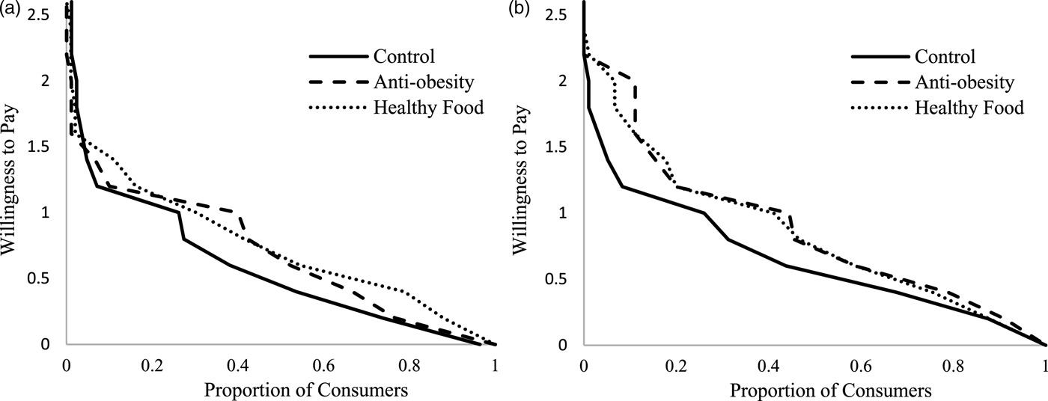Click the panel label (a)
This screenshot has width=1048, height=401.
[8, 9]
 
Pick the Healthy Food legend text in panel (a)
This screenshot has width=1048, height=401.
[428, 107]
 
